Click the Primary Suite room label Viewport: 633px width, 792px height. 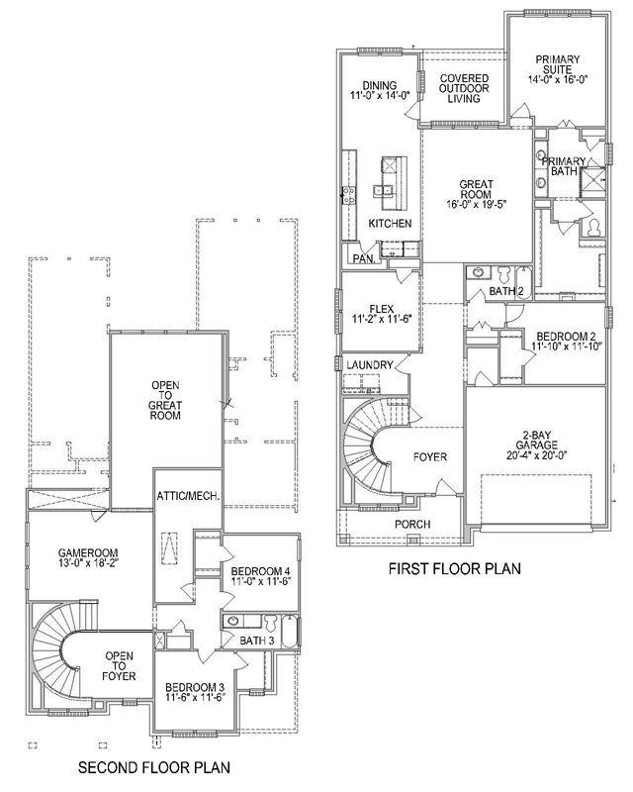coord(557,64)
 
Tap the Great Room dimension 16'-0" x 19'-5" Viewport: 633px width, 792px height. coord(476,204)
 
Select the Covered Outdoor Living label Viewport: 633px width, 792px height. coord(464,88)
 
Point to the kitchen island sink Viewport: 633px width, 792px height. coord(384,190)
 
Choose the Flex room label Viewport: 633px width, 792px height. coord(381,309)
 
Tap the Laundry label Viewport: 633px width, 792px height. coord(370,364)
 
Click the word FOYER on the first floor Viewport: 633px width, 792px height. coord(430,457)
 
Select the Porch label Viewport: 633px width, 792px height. coord(412,525)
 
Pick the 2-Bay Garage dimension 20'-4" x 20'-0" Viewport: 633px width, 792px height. coord(537,455)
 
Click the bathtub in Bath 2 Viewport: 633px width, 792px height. coord(523,283)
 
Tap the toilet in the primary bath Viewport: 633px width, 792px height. coord(592,229)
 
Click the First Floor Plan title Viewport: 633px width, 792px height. coord(454,568)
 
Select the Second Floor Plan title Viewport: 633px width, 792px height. coord(154,768)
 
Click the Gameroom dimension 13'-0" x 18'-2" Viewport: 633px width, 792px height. coord(88,562)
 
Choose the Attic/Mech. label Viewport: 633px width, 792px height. coord(188,497)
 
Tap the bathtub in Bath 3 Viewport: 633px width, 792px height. coord(290,632)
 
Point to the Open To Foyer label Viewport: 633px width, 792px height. coord(119,666)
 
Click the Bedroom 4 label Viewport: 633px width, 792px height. coord(260,571)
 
